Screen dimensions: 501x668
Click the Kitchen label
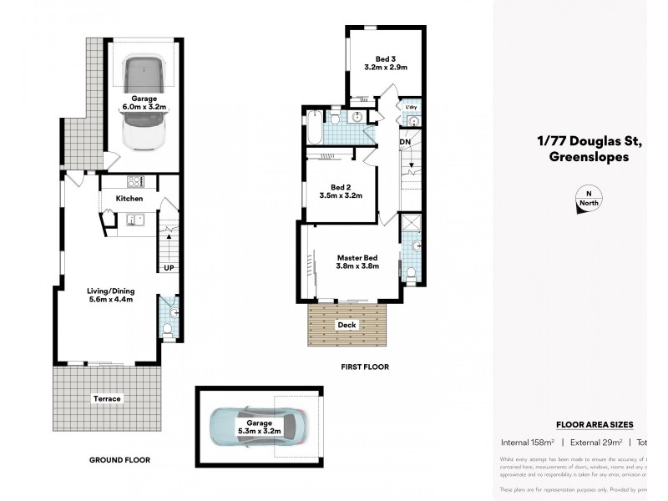coord(129,199)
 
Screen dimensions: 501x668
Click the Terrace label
coord(107,399)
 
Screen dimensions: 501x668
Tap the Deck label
coord(347,325)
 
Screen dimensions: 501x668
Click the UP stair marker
coord(168,267)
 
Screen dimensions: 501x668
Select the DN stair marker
coord(405,143)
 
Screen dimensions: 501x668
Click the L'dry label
coord(410,109)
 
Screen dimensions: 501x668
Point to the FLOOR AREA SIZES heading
coord(595,425)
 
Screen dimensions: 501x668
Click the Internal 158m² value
coord(528,443)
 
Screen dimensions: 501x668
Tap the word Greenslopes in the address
coord(589,156)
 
